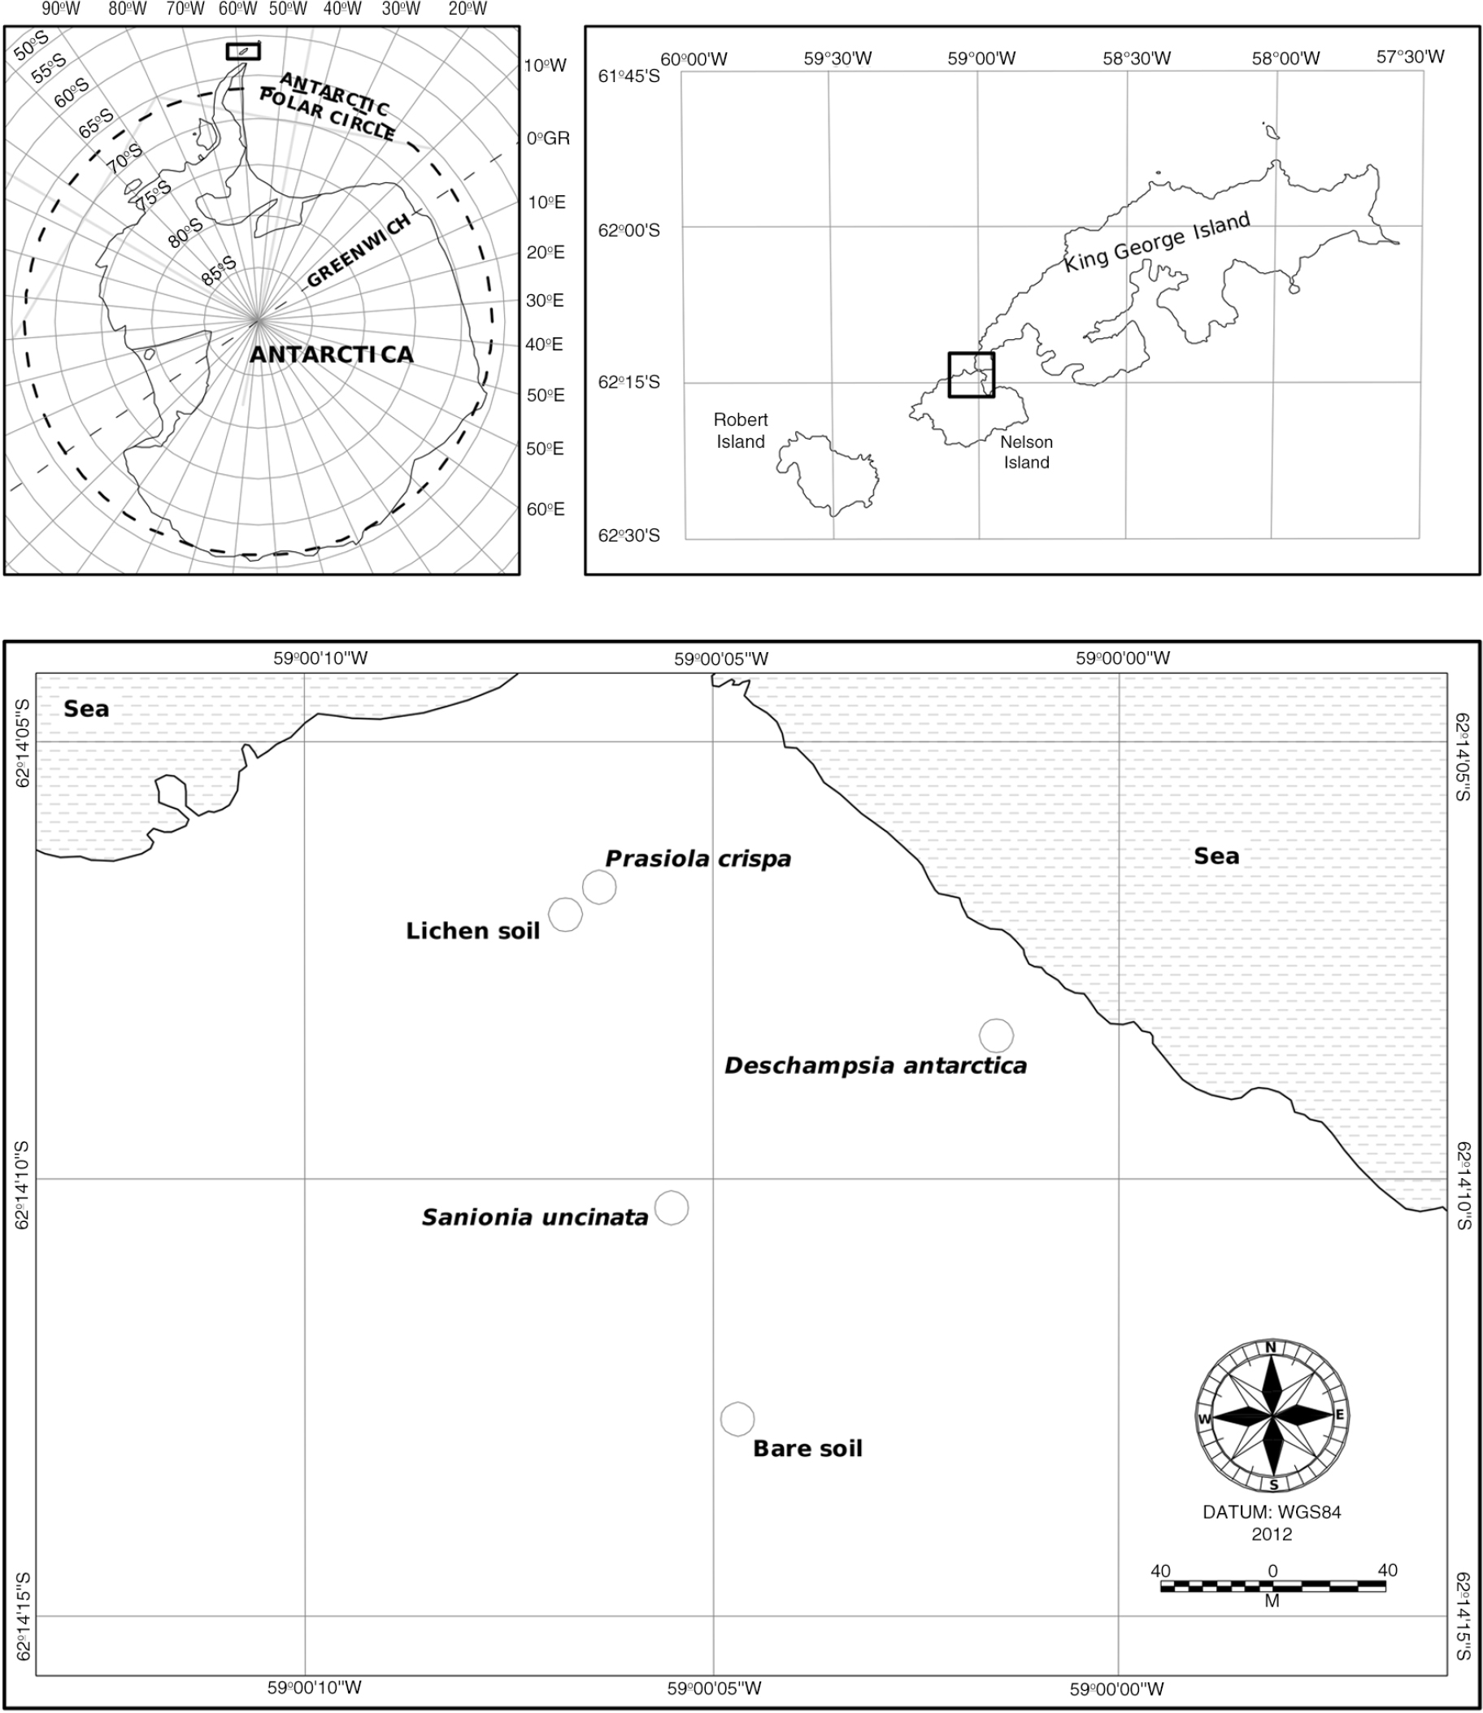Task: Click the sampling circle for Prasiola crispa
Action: click(x=599, y=887)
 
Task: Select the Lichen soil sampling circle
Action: click(x=565, y=915)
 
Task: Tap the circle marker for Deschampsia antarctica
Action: click(x=997, y=1035)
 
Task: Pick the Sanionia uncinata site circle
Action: click(x=671, y=1208)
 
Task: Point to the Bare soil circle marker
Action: click(x=737, y=1420)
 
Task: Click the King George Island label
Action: click(x=1156, y=242)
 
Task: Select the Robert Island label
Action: click(x=741, y=430)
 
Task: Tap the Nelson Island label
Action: click(x=1026, y=452)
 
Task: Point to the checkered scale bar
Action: click(x=1272, y=1586)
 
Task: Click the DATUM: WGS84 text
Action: click(x=1272, y=1512)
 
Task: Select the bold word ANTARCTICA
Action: click(x=331, y=354)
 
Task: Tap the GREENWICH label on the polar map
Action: click(x=359, y=250)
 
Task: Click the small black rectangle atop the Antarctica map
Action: click(x=243, y=51)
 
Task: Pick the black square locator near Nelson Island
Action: click(x=972, y=375)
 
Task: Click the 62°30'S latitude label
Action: click(x=629, y=536)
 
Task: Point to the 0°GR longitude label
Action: click(x=549, y=138)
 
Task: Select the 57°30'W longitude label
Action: click(x=1410, y=57)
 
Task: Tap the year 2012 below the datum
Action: click(x=1272, y=1533)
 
